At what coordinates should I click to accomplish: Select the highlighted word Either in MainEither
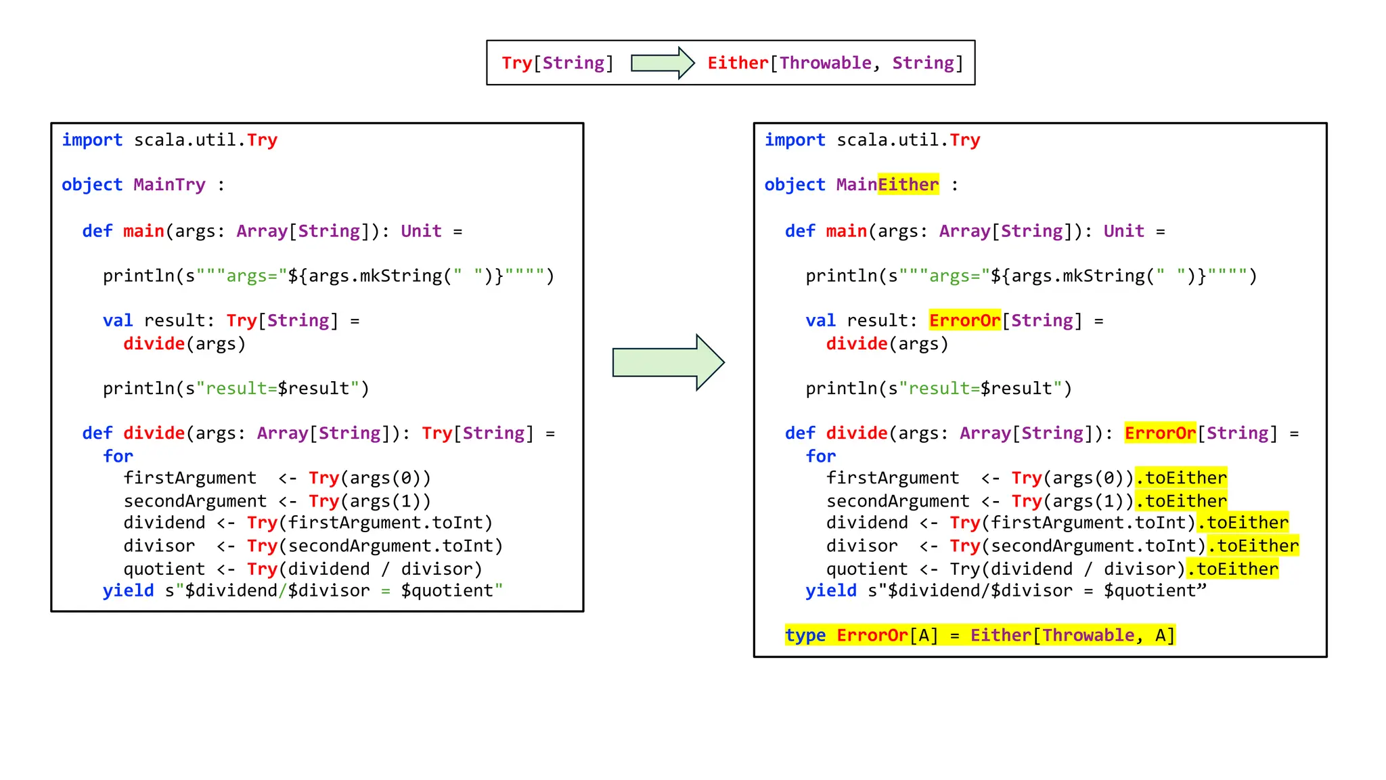908,185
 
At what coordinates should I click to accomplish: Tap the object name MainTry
169,185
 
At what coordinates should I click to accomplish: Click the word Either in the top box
738,63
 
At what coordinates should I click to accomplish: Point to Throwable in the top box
825,63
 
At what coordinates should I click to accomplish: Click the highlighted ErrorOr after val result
964,320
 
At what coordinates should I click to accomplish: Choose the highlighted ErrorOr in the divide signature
1160,433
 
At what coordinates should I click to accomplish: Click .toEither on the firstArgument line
1181,478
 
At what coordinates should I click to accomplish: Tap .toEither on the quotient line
1232,569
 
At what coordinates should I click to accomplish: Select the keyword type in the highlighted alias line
805,635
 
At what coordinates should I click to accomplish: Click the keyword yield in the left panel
129,590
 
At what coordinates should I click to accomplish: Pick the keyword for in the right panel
821,456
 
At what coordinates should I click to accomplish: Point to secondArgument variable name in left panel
195,501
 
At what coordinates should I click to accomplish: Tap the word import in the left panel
92,140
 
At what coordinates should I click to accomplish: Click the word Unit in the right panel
1123,231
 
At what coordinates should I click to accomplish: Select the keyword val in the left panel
118,320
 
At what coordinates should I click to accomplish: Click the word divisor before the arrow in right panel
862,546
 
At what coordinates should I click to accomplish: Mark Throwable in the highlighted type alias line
1088,635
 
